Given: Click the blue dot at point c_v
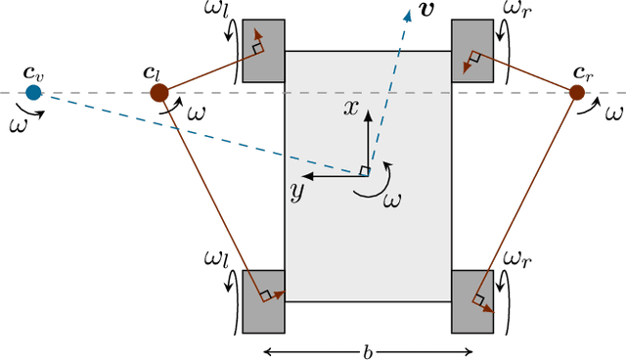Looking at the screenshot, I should pos(33,93).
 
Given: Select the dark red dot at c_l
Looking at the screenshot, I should pos(158,93).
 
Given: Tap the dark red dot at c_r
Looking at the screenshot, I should pos(577,93).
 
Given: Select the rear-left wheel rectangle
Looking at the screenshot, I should pos(263,301).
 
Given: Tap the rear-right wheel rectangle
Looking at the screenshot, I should pos(471,301).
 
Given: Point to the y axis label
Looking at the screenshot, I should pos(294,191).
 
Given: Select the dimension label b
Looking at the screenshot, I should pos(369,349).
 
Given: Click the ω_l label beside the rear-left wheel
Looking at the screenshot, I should pos(215,259).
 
